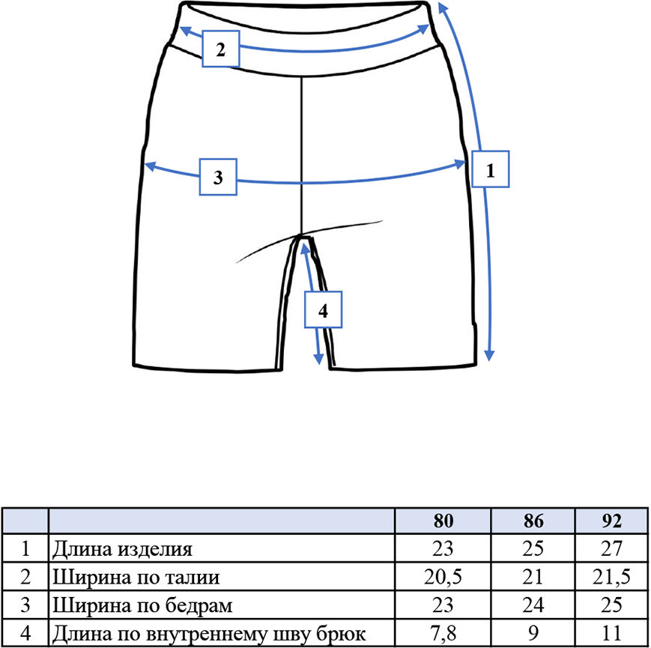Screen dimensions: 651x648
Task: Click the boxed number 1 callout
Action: [491, 169]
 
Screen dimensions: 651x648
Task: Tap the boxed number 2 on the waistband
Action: [221, 49]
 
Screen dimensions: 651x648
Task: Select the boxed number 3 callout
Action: [219, 177]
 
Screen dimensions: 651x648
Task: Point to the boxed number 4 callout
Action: [323, 309]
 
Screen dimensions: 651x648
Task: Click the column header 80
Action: [443, 521]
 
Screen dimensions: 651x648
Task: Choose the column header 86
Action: [533, 521]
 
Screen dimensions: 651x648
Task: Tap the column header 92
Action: [611, 521]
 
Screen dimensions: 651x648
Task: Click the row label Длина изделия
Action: [122, 549]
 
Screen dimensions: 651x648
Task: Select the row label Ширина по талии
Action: [136, 577]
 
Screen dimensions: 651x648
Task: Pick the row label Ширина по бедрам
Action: [142, 605]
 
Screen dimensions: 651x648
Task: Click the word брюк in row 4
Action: [341, 635]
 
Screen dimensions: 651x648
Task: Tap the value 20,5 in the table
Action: [443, 577]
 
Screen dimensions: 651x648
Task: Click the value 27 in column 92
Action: [611, 549]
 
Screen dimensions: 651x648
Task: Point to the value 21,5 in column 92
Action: [611, 577]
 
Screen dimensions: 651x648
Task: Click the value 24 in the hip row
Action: [533, 605]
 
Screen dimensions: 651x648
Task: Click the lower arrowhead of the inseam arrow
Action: [318, 359]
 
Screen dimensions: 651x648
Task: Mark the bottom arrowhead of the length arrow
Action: [489, 355]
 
